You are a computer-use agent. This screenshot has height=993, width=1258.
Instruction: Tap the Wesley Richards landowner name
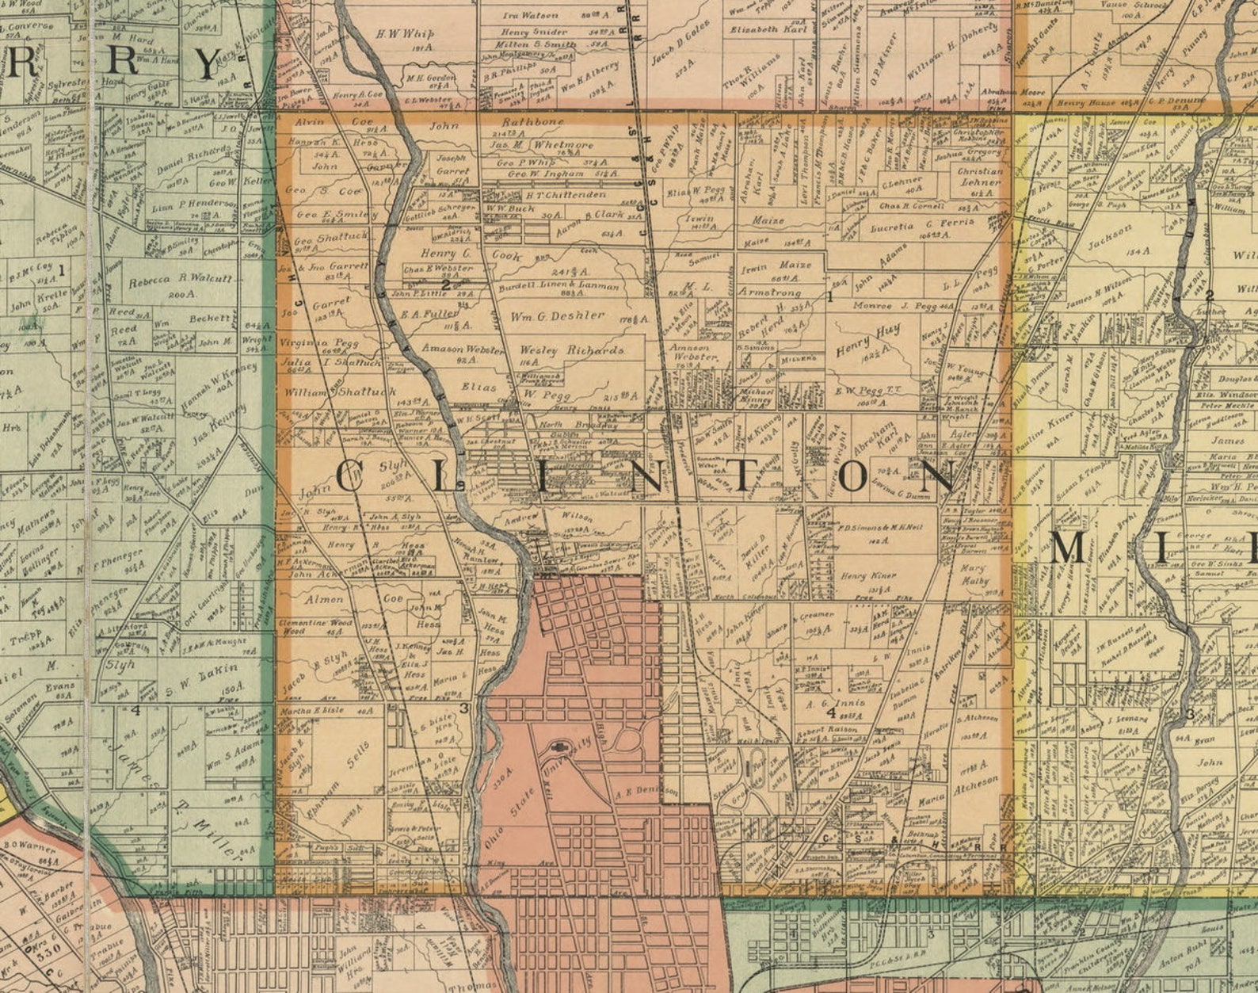click(571, 349)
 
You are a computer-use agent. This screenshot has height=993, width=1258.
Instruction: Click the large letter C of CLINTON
click(353, 478)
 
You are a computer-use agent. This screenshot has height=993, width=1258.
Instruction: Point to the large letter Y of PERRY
click(208, 64)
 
